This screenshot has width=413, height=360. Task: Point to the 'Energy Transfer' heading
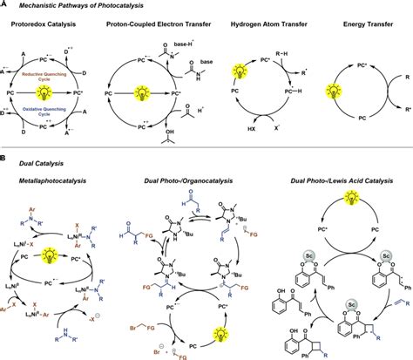coord(362,24)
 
